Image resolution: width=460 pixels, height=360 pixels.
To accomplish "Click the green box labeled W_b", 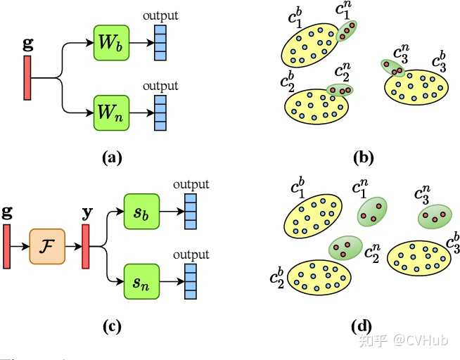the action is pyautogui.click(x=111, y=43).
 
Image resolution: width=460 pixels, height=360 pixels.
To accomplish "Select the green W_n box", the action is pyautogui.click(x=111, y=113).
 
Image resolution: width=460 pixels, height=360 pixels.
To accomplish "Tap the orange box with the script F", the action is pyautogui.click(x=47, y=247).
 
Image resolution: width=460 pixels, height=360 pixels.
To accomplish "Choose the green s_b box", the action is pyautogui.click(x=141, y=212).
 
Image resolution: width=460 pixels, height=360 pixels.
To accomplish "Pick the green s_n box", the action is pyautogui.click(x=141, y=282).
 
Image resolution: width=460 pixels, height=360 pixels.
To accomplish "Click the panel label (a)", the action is pyautogui.click(x=112, y=158).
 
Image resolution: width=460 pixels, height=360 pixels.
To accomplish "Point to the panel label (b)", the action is pyautogui.click(x=364, y=158).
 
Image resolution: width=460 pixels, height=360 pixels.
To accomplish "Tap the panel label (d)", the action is pyautogui.click(x=362, y=326).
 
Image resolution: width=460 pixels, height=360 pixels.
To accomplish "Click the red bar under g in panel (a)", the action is pyautogui.click(x=27, y=78).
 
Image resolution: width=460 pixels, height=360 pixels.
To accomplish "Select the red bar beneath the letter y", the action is pyautogui.click(x=86, y=247).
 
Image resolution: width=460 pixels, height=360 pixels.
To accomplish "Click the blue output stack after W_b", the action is pyautogui.click(x=160, y=43).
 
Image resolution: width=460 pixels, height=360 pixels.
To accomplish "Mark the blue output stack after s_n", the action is pyautogui.click(x=191, y=281).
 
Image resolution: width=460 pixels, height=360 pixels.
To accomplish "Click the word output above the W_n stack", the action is pyautogui.click(x=160, y=86).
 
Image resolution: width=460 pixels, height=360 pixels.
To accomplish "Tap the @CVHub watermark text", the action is pyautogui.click(x=421, y=340).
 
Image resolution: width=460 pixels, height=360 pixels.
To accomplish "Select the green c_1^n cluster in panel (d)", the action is pyautogui.click(x=372, y=212).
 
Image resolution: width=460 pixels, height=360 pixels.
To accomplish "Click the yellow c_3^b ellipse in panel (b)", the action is pyautogui.click(x=416, y=87).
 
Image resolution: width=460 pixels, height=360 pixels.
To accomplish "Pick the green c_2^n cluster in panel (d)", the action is pyautogui.click(x=345, y=248).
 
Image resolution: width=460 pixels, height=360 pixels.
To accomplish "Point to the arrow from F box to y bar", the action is pyautogui.click(x=74, y=247).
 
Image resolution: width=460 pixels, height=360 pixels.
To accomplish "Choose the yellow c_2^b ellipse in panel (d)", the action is pyautogui.click(x=319, y=277).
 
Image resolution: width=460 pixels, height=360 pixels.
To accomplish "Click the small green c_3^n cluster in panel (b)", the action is pyautogui.click(x=392, y=68).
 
